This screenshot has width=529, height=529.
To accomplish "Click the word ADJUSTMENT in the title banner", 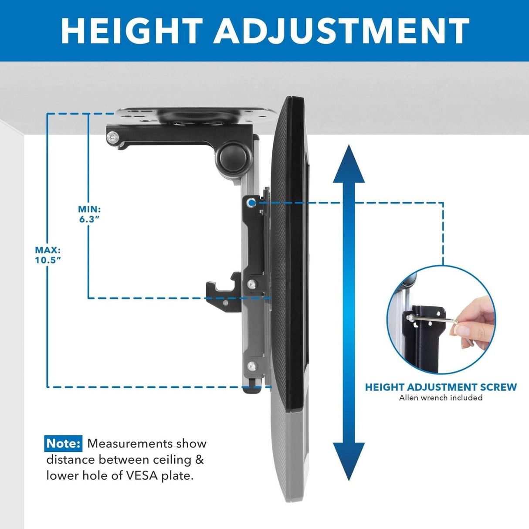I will click(341, 31).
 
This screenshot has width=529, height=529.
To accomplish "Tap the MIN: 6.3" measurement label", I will click(89, 214).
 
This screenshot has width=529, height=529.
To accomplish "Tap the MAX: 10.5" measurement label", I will click(47, 255).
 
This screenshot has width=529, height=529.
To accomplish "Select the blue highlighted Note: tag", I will click(63, 444).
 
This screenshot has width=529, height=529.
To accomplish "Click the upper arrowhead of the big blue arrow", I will click(349, 165).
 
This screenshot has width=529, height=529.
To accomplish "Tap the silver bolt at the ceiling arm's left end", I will click(114, 137).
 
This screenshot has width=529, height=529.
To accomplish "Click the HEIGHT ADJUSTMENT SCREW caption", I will click(441, 387).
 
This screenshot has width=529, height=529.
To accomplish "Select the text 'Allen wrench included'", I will click(441, 397).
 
